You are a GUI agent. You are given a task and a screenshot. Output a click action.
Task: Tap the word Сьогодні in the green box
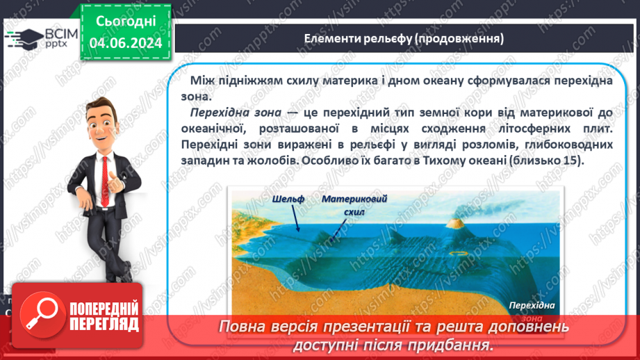[x=125, y=22]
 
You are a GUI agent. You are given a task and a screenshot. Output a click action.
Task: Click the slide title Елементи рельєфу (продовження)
[x=404, y=38]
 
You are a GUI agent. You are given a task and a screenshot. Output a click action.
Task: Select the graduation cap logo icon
[x=22, y=38]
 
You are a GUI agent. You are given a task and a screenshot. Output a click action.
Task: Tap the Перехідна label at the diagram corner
[x=531, y=306]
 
